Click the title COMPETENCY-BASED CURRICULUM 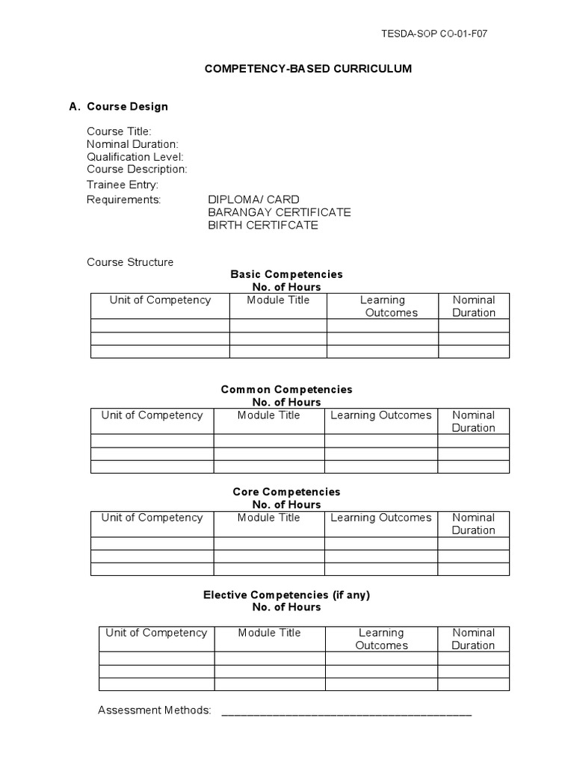click(308, 69)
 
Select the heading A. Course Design click(119, 106)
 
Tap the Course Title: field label click(119, 131)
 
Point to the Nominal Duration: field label click(132, 144)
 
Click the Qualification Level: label click(135, 157)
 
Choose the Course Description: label click(137, 170)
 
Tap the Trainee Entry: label click(123, 185)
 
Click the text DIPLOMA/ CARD click(253, 199)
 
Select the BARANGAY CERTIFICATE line click(279, 212)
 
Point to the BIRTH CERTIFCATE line click(262, 225)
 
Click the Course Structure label click(130, 262)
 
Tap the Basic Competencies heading click(286, 275)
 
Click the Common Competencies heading click(286, 390)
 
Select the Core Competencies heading click(286, 492)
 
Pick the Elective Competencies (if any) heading click(286, 595)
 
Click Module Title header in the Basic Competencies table click(278, 300)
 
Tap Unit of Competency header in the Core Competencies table click(152, 518)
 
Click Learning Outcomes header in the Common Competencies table click(381, 415)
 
